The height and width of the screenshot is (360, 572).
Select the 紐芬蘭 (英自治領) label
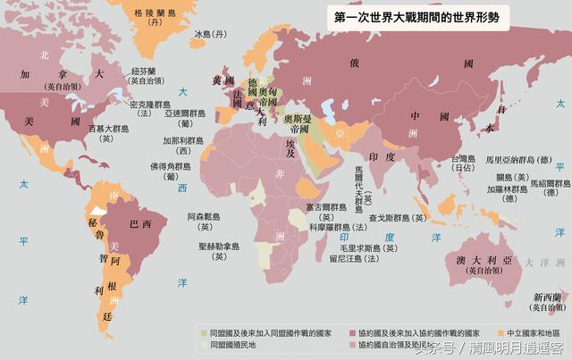click(146, 75)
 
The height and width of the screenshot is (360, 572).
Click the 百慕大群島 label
click(113, 133)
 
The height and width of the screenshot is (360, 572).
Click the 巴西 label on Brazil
click(139, 221)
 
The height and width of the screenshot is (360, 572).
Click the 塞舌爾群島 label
click(324, 208)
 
